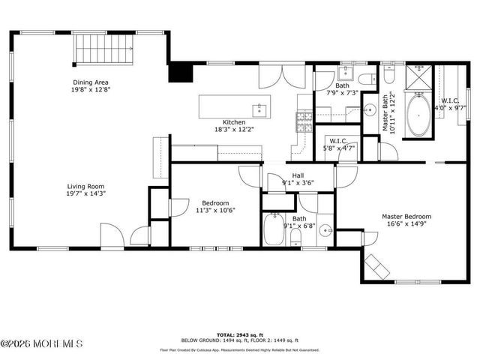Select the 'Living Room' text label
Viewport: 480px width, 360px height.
point(86,186)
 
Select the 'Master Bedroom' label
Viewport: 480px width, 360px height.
point(406,217)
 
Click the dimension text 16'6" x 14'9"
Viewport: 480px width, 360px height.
point(406,224)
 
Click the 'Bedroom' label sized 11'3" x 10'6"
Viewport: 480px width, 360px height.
point(214,203)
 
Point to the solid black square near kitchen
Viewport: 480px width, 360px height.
point(179,72)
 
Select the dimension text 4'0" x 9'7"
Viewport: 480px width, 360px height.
point(453,107)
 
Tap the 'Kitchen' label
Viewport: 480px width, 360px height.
point(233,122)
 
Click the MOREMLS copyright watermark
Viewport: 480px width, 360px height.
point(43,344)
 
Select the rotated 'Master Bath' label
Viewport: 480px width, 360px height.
point(385,112)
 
